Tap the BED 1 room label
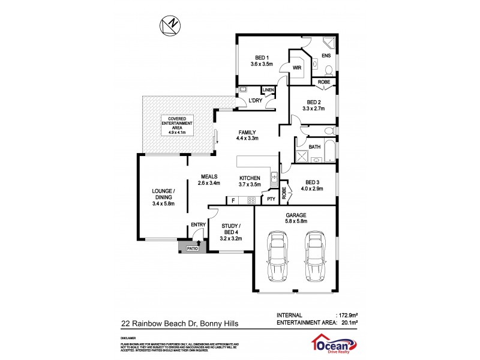point(261,58)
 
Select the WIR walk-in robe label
point(297,67)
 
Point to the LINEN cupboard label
point(268,91)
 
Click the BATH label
point(314,147)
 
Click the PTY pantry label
point(271,199)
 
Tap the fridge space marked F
point(233,200)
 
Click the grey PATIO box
point(192,247)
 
